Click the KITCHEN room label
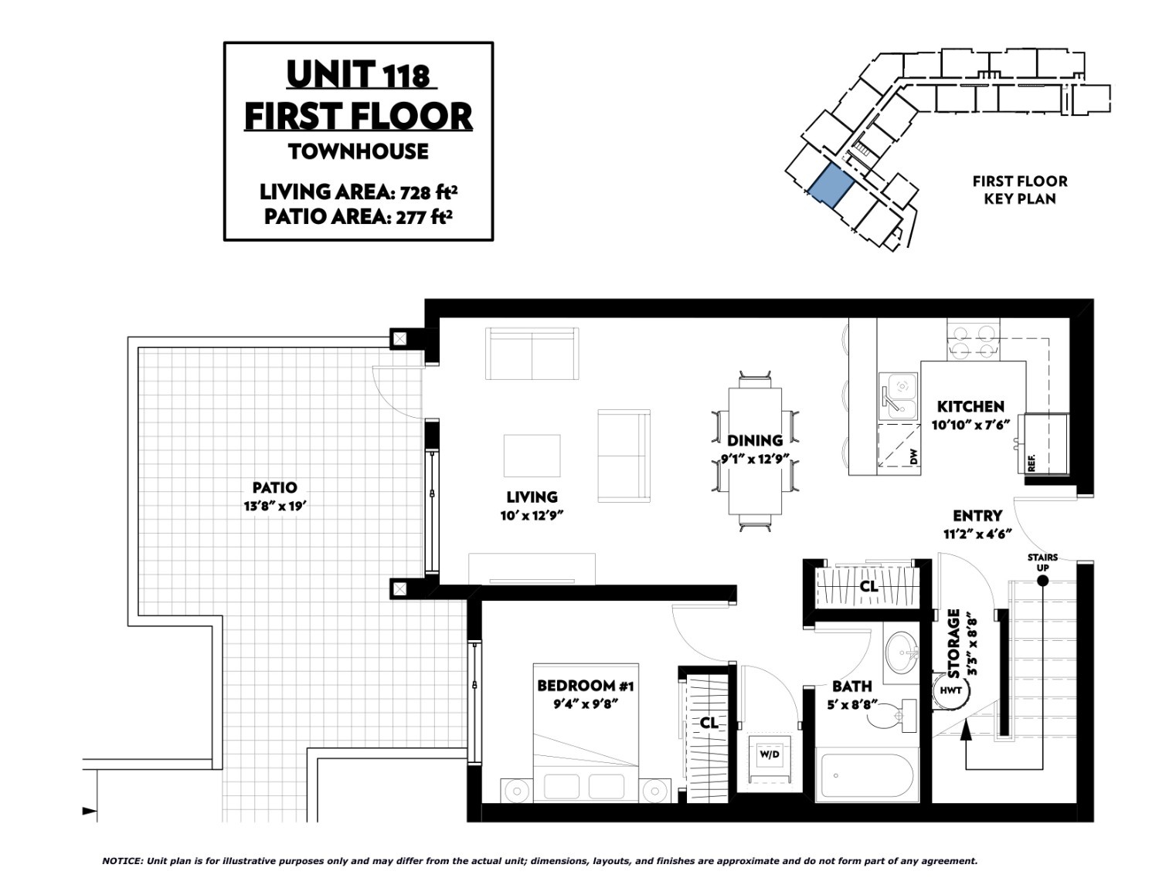pos(970,407)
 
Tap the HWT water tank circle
pos(951,690)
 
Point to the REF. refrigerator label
pos(1031,463)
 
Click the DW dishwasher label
pos(913,456)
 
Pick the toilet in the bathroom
pos(892,715)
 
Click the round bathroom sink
pos(902,651)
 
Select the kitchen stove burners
pos(974,341)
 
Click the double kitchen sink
pos(898,396)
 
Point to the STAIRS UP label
pos(1043,562)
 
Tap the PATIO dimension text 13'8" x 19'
pos(275,506)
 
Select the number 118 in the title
pos(406,76)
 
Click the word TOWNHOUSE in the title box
pos(358,151)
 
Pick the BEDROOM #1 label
pos(585,686)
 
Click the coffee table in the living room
pos(532,456)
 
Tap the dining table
pos(755,451)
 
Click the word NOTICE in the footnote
pos(122,860)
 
